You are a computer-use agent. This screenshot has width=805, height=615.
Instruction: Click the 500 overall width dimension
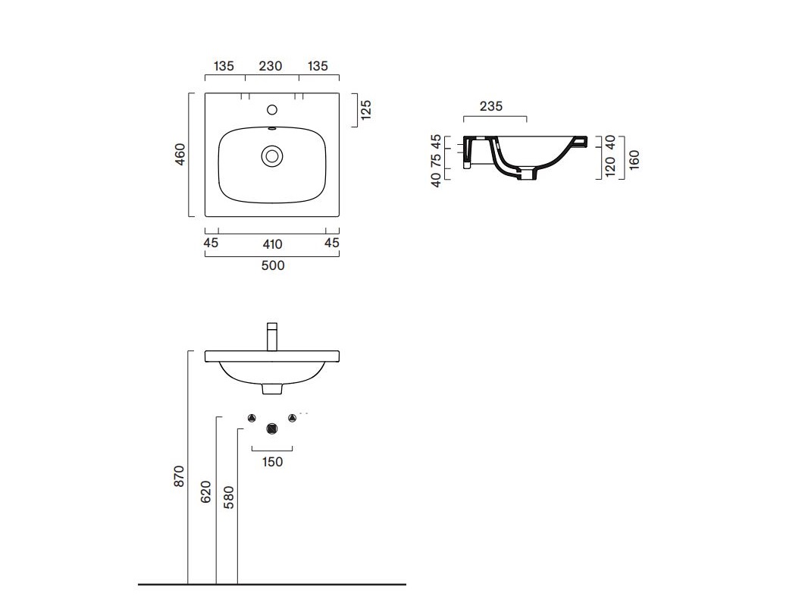(x=273, y=265)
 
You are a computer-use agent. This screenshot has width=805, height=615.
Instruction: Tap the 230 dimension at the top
(x=271, y=66)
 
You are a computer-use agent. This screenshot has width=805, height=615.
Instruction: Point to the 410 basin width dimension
(x=273, y=244)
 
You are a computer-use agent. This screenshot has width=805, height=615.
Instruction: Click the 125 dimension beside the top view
(x=365, y=109)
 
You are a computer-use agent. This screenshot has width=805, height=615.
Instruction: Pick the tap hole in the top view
(x=272, y=109)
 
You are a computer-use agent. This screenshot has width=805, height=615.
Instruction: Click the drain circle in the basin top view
(x=272, y=155)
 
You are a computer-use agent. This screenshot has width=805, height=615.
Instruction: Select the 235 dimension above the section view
(x=490, y=106)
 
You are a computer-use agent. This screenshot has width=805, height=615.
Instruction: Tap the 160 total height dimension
(x=634, y=160)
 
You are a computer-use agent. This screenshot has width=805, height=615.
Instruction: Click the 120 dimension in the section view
(x=610, y=167)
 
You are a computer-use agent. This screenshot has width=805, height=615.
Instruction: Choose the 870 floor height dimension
(x=179, y=476)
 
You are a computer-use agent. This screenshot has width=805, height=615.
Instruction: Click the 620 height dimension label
(x=206, y=491)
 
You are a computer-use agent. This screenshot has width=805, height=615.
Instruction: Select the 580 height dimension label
(x=229, y=497)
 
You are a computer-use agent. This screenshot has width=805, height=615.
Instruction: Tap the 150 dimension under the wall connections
(x=272, y=462)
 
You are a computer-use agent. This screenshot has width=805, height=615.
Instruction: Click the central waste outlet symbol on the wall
(x=272, y=428)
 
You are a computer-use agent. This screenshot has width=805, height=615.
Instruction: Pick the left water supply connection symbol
(x=252, y=418)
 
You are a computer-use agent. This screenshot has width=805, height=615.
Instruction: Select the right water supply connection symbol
(x=292, y=418)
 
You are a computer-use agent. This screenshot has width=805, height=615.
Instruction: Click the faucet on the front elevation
(x=272, y=337)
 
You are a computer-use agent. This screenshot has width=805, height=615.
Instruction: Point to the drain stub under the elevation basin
(x=272, y=389)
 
